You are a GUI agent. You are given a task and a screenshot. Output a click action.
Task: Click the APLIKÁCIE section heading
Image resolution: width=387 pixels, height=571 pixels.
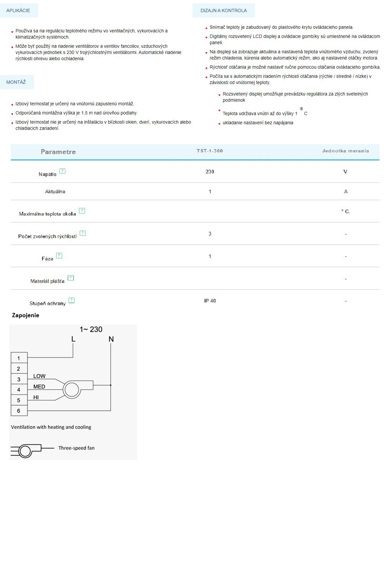pyautogui.click(x=18, y=10)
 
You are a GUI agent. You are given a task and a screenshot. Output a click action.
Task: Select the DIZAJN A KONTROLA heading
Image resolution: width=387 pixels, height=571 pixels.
pyautogui.click(x=224, y=10)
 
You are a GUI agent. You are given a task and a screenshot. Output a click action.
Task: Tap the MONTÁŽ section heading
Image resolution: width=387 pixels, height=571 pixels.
pyautogui.click(x=16, y=82)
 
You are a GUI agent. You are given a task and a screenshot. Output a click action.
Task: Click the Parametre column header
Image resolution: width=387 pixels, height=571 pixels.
pyautogui.click(x=58, y=152)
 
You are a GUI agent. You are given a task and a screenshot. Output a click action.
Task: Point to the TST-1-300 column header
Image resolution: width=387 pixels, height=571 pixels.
pyautogui.click(x=210, y=151)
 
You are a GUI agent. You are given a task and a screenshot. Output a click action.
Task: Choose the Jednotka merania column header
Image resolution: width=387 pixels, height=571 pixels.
pyautogui.click(x=345, y=151)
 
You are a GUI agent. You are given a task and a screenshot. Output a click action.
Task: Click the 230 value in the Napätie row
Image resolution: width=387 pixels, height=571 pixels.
pyautogui.click(x=210, y=171)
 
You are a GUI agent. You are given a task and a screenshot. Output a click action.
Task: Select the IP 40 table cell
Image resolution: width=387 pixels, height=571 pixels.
pyautogui.click(x=210, y=301)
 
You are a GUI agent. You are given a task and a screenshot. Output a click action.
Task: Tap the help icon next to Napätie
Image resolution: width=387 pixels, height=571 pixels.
pyautogui.click(x=62, y=171)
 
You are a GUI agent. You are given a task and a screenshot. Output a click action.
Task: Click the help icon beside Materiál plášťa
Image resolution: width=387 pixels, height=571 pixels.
pyautogui.click(x=71, y=278)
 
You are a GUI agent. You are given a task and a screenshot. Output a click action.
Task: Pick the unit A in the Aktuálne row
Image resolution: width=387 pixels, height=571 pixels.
pyautogui.click(x=346, y=192)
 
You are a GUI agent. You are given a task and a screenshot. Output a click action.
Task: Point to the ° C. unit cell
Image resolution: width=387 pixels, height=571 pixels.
pyautogui.click(x=345, y=212)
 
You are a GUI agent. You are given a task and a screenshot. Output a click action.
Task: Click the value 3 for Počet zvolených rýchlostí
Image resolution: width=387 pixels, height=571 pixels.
pyautogui.click(x=210, y=234)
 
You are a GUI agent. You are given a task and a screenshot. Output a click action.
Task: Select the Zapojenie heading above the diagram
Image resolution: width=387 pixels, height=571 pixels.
pyautogui.click(x=25, y=315)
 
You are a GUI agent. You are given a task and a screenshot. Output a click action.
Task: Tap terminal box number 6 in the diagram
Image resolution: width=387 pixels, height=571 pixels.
pyautogui.click(x=19, y=411)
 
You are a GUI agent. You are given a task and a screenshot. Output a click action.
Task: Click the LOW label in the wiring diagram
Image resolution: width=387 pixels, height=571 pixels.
pyautogui.click(x=39, y=376)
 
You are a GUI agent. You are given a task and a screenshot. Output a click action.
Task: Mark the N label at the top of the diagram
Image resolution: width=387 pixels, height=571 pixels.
pyautogui.click(x=111, y=339)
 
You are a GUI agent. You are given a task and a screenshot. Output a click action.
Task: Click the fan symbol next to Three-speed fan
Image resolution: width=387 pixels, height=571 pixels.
pyautogui.click(x=26, y=451)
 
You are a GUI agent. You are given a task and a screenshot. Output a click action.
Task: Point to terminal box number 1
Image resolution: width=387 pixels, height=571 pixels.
pyautogui.click(x=19, y=358)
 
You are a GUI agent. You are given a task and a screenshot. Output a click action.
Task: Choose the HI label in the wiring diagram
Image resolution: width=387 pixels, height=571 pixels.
pyautogui.click(x=36, y=397)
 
